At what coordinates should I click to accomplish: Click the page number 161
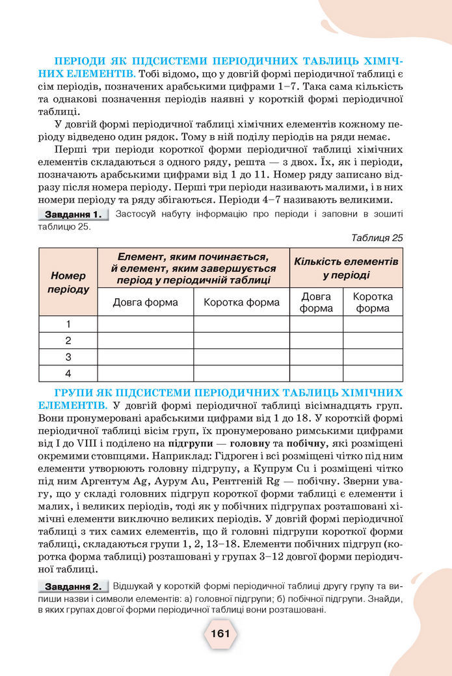220,633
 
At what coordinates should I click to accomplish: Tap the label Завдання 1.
71,214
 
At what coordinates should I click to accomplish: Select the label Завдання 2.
72,587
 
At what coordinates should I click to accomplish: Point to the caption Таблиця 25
377,238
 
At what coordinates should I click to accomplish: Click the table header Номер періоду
68,282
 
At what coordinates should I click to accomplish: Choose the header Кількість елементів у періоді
346,268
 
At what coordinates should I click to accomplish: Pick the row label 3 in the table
68,357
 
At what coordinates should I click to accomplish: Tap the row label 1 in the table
68,324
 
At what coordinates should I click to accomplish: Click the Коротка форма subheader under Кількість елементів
373,302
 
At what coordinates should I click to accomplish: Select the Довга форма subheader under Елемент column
145,302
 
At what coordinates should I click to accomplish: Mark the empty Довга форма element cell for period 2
145,340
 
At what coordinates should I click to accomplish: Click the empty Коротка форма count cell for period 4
373,374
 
